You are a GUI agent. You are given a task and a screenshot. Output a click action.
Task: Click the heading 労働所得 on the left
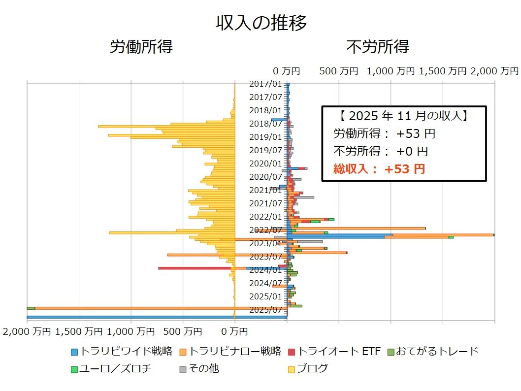141,47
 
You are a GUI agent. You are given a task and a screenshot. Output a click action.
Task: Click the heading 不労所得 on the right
377,47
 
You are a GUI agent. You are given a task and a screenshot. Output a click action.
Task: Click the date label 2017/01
265,84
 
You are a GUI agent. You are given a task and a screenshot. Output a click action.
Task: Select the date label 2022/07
265,230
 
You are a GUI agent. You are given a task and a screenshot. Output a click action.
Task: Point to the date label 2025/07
265,310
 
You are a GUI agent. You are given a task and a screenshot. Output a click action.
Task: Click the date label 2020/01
265,163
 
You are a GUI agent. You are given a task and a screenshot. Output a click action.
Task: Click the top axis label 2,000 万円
494,71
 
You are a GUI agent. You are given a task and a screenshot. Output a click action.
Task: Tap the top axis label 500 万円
339,71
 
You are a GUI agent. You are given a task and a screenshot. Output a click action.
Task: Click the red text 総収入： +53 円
379,169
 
